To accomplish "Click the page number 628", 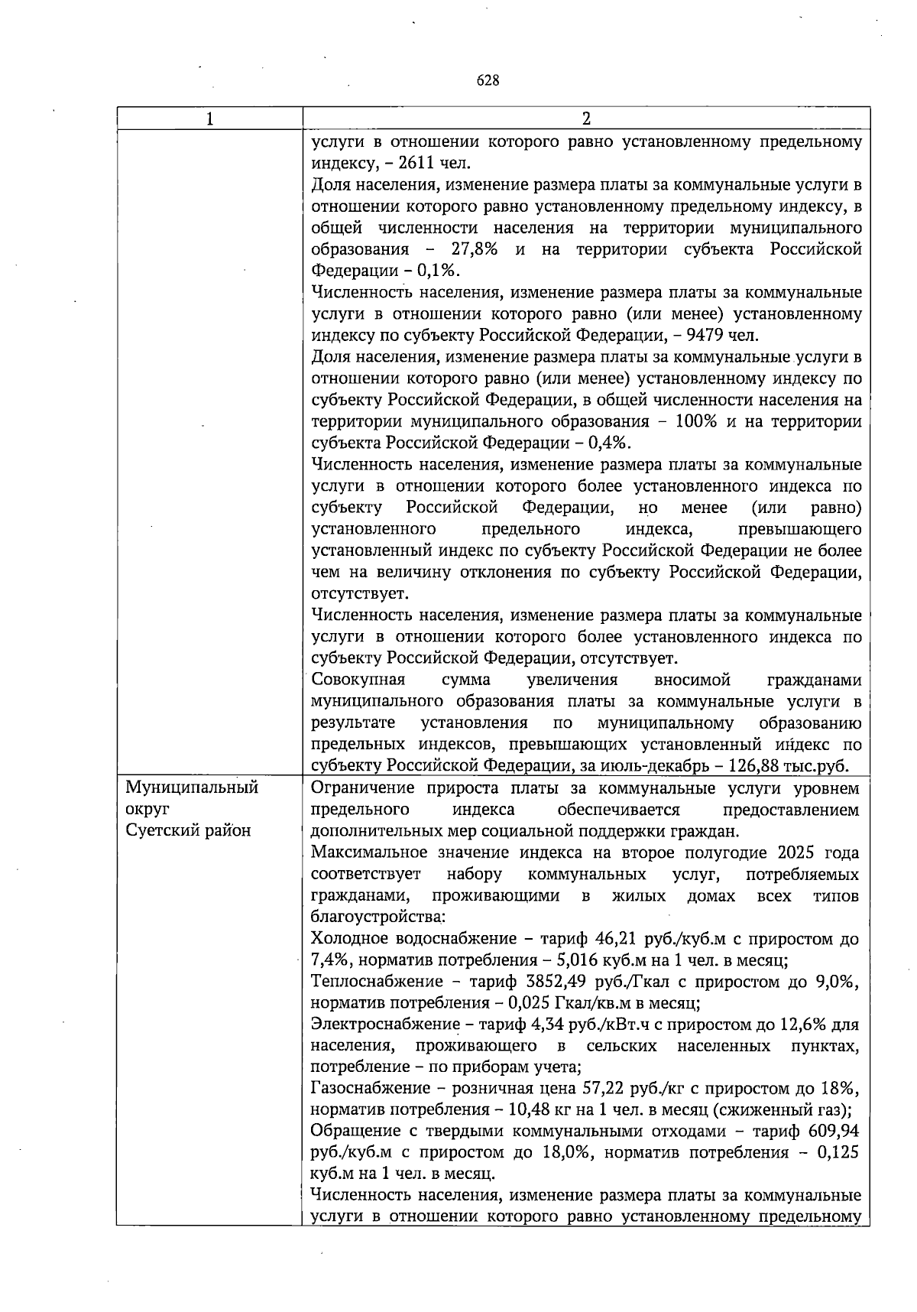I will pyautogui.click(x=488, y=80).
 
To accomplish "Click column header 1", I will pyautogui.click(x=209, y=119).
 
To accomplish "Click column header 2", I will pyautogui.click(x=586, y=119).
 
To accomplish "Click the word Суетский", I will pyautogui.click(x=160, y=831).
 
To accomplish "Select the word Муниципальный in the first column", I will pyautogui.click(x=192, y=788).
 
